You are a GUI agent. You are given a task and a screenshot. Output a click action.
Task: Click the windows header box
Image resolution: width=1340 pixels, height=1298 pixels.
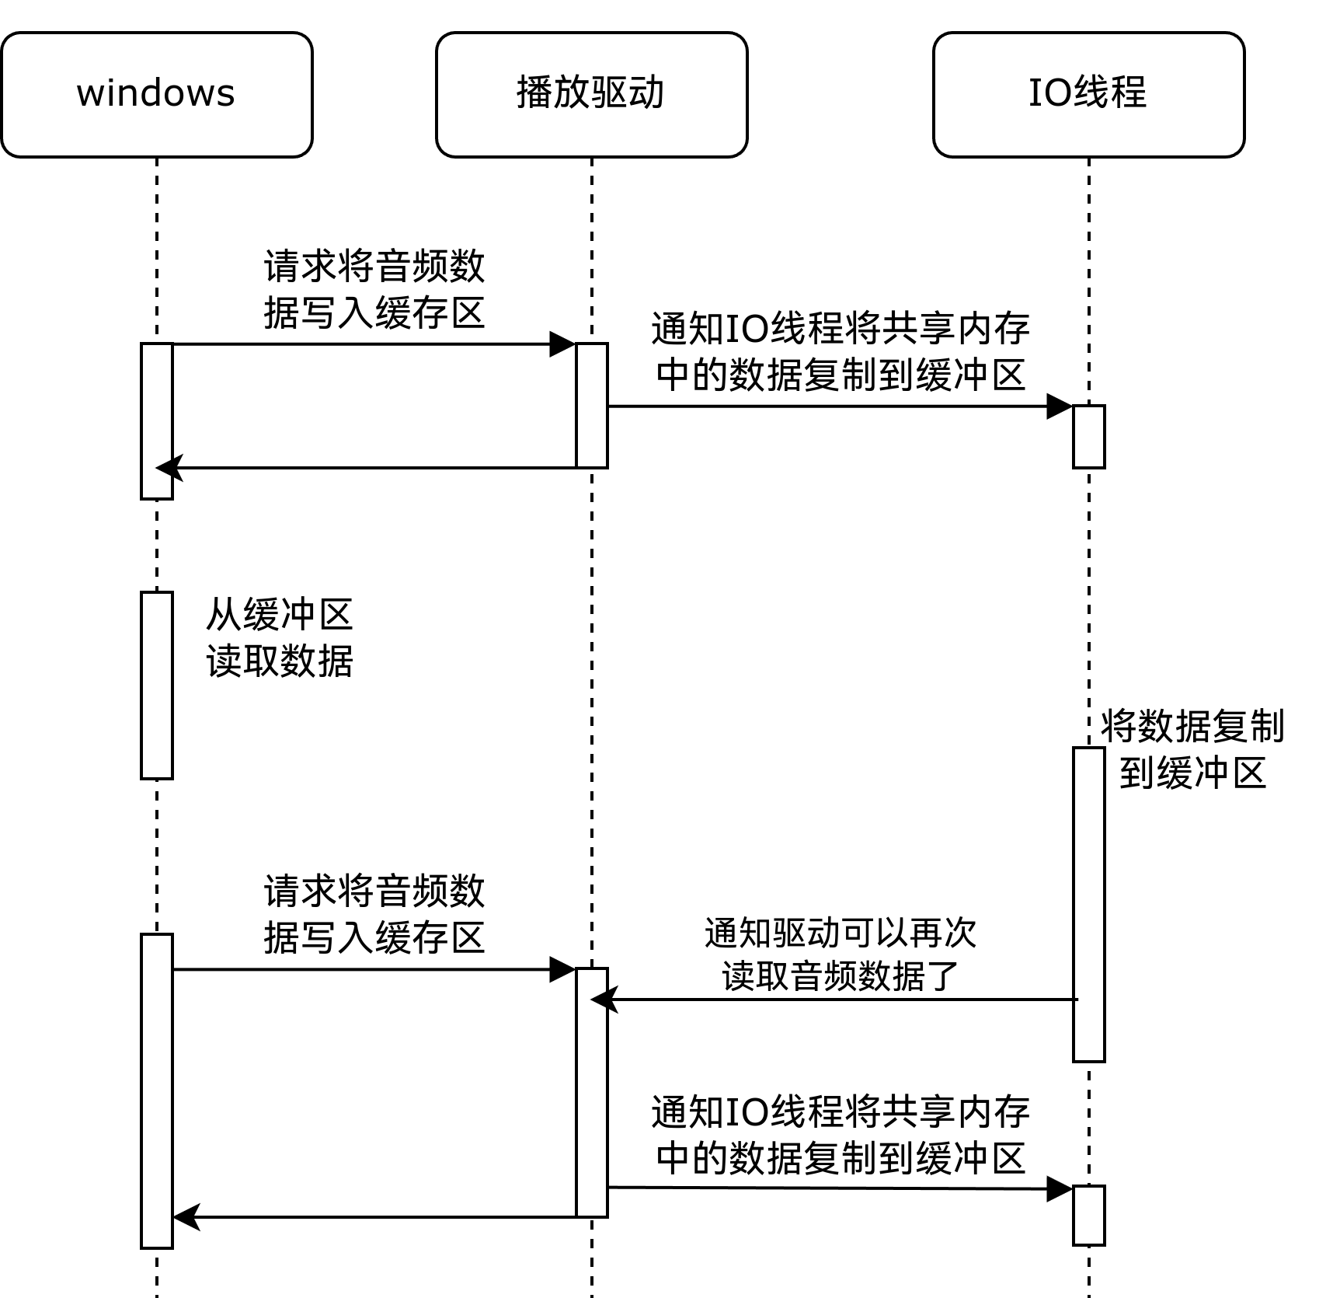point(156,94)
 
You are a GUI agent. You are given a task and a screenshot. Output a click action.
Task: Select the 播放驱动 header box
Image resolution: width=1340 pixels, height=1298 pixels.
point(591,94)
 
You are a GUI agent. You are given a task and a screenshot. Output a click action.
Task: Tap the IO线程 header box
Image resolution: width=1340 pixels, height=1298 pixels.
point(1088,94)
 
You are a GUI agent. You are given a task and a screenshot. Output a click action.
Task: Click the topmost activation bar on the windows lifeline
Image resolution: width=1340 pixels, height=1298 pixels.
point(156,420)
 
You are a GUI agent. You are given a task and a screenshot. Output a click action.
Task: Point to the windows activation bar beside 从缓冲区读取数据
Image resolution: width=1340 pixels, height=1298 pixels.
point(156,685)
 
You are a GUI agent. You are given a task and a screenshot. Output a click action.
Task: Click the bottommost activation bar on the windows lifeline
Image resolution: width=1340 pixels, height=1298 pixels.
point(156,1090)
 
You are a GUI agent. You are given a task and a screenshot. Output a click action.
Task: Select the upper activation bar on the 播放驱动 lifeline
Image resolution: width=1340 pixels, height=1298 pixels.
point(591,405)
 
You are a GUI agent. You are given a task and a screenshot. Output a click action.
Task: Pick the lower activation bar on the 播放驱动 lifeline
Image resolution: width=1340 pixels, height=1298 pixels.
point(591,1092)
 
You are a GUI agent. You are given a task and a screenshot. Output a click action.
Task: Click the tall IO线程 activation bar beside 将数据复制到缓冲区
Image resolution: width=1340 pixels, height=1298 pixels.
point(1088,904)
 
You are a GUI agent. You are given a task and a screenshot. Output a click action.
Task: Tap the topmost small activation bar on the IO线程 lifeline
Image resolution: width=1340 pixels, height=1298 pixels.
point(1088,436)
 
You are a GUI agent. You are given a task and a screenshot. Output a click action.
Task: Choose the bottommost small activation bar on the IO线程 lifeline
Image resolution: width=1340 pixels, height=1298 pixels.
point(1088,1215)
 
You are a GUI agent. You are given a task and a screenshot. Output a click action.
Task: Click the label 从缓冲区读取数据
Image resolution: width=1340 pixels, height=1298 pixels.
point(280,637)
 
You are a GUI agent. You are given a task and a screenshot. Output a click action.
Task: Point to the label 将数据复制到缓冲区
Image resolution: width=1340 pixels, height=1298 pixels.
point(1192,749)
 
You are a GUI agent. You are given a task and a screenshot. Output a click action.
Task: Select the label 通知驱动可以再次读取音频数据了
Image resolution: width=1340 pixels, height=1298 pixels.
point(840,954)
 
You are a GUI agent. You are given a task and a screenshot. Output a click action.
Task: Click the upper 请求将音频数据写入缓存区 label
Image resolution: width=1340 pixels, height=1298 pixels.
point(374,290)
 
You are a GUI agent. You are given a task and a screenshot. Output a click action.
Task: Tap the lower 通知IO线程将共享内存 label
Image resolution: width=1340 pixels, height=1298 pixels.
point(840,1135)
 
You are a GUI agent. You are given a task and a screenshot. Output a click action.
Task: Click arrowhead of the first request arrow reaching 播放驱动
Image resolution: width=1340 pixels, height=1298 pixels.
point(563,344)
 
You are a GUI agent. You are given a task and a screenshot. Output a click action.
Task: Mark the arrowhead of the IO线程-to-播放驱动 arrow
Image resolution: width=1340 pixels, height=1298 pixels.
point(603,1000)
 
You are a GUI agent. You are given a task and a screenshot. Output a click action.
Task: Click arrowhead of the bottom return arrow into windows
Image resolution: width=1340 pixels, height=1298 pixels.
point(185,1217)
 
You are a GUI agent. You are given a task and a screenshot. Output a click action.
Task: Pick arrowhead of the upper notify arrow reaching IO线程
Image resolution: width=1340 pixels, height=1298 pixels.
point(1060,406)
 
